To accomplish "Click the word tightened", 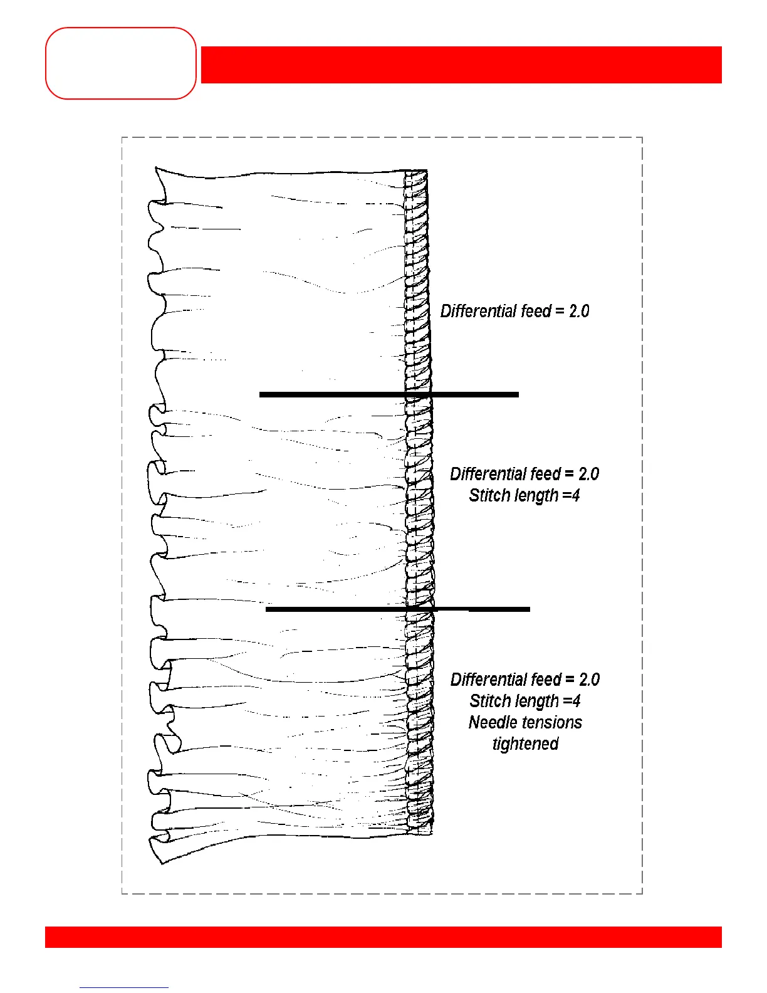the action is coord(525,744).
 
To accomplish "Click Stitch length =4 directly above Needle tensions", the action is coord(524,701).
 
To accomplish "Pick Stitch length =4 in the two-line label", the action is coord(524,495).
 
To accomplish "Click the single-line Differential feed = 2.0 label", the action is coord(514,311).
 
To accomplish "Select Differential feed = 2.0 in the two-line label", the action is coord(524,474).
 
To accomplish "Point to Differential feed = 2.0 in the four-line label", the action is coord(525,680).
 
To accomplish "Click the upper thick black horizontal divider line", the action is coord(389,394).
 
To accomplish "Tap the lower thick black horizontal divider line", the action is coord(397,609).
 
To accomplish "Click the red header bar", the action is coord(461,65).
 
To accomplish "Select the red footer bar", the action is coord(383,937).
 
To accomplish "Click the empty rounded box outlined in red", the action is coord(121,63).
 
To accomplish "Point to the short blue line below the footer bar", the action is coord(123,987).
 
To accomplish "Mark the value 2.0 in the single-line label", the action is coord(579,311).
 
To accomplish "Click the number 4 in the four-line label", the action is coord(576,701).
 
